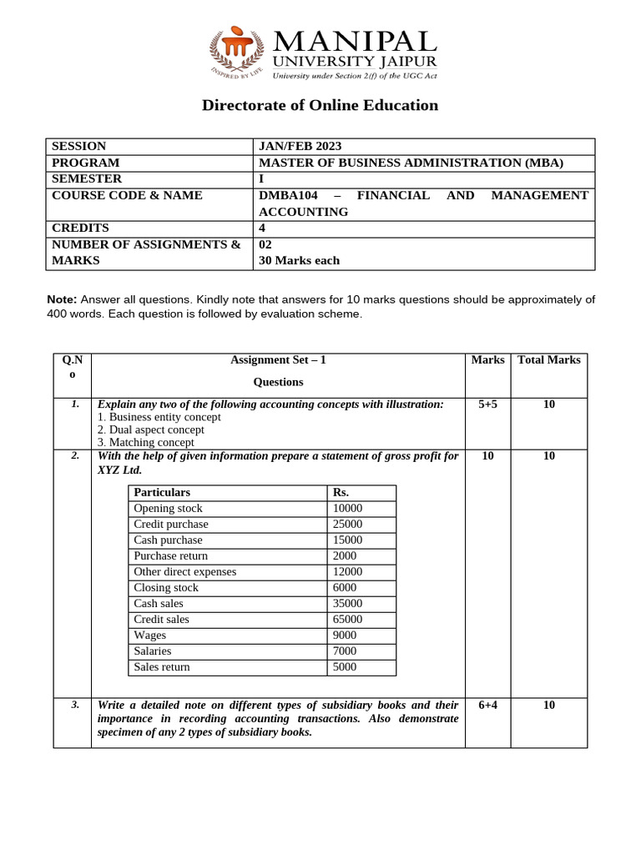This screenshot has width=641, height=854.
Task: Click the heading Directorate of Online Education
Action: [x=320, y=105]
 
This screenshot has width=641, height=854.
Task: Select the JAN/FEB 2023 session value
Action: [x=300, y=146]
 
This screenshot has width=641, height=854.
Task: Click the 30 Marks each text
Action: [x=299, y=260]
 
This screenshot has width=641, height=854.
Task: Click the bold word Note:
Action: [x=62, y=299]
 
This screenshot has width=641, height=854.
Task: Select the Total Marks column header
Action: [x=548, y=359]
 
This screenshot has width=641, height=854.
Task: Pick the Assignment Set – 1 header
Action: [x=278, y=359]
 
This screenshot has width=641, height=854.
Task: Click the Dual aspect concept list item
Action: [x=150, y=430]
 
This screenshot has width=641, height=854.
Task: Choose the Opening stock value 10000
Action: [x=347, y=508]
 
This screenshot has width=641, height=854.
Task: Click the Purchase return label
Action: [x=171, y=555]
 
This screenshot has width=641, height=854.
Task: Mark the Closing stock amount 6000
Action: [x=344, y=587]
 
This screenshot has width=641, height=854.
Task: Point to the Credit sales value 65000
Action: [x=347, y=619]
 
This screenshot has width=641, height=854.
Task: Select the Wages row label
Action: [x=150, y=635]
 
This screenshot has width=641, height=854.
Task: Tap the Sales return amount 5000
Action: [x=344, y=666]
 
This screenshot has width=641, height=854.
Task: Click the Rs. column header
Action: [x=341, y=492]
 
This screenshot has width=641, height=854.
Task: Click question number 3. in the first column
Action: [x=75, y=705]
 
